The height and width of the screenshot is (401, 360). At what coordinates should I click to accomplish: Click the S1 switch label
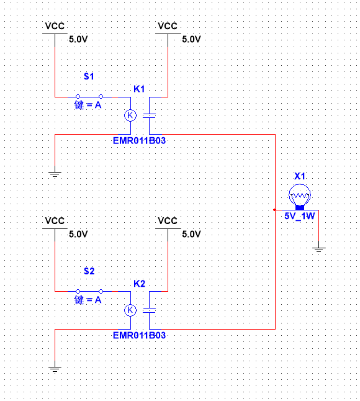(89, 76)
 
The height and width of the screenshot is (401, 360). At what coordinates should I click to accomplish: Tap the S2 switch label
(89, 271)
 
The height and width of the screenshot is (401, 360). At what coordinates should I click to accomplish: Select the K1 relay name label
(139, 89)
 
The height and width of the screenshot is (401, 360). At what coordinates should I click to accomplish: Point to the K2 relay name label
(140, 284)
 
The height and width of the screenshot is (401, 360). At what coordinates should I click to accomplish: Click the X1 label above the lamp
(300, 176)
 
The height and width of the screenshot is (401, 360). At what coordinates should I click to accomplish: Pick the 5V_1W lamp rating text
(300, 217)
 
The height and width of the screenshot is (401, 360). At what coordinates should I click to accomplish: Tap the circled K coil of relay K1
(130, 115)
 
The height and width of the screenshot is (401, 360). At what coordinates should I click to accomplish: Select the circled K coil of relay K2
(130, 310)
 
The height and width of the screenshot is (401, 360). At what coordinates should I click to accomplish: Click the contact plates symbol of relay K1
(150, 115)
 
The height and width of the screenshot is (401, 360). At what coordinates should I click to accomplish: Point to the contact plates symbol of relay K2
(150, 310)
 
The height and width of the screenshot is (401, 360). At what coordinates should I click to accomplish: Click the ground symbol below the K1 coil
(55, 174)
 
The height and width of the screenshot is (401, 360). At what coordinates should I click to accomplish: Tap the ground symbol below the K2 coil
(55, 369)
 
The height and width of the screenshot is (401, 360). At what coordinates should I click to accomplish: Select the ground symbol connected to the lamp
(319, 250)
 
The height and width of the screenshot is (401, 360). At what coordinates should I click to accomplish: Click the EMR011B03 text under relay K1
(140, 141)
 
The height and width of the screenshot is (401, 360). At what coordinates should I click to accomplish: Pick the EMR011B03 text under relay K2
(140, 336)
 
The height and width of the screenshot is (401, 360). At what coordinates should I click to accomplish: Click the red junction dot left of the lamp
(275, 210)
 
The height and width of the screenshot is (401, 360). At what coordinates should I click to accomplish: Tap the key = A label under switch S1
(88, 105)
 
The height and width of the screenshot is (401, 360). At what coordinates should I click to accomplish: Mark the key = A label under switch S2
(88, 300)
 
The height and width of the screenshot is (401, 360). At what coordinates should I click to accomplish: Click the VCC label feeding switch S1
(55, 26)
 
